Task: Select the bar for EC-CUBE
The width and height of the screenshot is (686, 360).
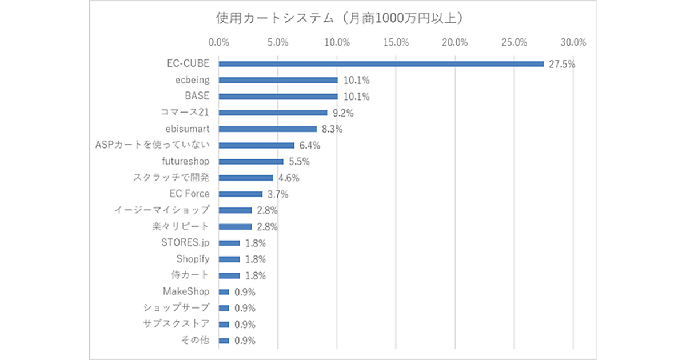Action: (381, 64)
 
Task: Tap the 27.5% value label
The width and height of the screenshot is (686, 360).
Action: (561, 64)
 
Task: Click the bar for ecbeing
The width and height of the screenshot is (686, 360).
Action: (278, 80)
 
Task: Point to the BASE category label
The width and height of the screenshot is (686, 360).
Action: (197, 96)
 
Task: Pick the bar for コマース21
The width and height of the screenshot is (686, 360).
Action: (273, 113)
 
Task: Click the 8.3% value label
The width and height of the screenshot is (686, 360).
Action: (330, 129)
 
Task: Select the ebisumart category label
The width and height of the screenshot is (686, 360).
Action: (188, 129)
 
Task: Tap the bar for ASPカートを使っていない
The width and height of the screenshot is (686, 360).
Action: (256, 145)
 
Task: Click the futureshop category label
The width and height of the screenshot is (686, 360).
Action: (186, 162)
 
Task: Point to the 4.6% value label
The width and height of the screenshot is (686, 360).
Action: (289, 178)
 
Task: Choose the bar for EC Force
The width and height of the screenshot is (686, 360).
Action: (240, 194)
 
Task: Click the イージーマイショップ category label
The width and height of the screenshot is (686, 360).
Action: (162, 210)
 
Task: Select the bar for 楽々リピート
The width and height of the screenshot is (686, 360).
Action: (235, 226)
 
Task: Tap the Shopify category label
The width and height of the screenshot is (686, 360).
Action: (193, 259)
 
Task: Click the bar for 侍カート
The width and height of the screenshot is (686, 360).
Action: (229, 275)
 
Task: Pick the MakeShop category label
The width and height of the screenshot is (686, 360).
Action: (186, 291)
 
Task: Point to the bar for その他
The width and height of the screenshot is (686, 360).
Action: (224, 341)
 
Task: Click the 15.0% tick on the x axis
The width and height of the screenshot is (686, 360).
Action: (396, 42)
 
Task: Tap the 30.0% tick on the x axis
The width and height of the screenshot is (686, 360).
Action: (573, 42)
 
